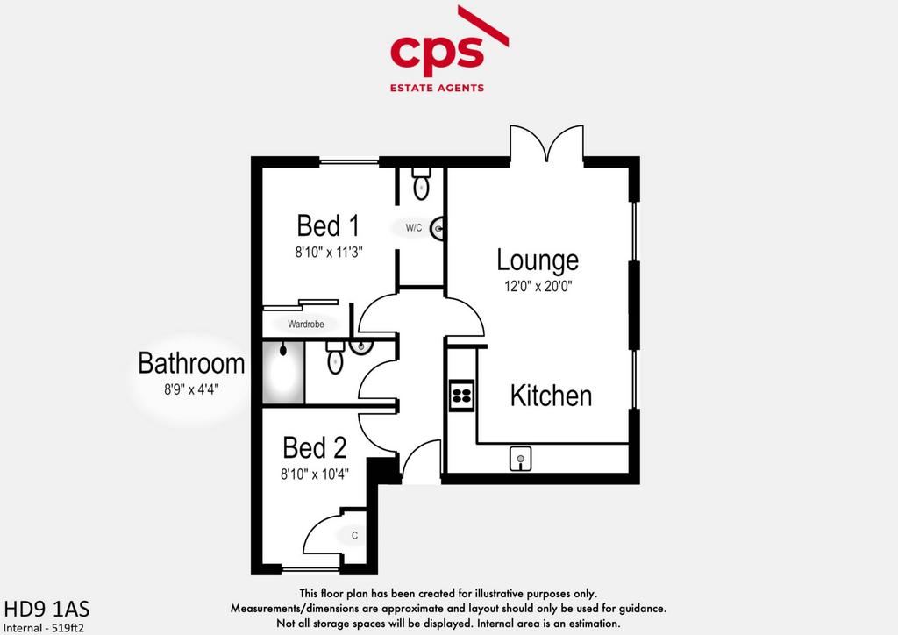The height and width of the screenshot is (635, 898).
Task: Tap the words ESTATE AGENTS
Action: [437, 89]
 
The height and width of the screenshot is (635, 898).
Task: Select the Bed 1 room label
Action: [328, 225]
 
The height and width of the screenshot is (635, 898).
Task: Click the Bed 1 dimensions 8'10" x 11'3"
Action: [329, 252]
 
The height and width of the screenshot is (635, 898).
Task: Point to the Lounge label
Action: [538, 260]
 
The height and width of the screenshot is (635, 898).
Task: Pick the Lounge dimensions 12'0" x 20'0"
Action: [538, 286]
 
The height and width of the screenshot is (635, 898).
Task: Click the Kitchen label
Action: [551, 396]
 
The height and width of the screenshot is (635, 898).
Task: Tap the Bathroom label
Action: [191, 363]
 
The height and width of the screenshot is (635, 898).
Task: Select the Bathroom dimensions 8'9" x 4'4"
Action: [191, 389]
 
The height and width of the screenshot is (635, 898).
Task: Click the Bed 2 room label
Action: [315, 448]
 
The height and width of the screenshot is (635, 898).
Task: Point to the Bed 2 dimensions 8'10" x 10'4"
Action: [315, 474]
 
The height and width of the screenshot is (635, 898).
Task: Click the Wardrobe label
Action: [306, 325]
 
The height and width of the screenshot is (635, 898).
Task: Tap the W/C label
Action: [414, 228]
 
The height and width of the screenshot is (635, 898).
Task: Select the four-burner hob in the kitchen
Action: [461, 396]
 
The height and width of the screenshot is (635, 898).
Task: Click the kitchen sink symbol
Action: [520, 460]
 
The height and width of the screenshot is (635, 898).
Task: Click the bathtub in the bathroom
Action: [283, 373]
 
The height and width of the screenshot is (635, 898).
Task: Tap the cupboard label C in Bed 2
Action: [354, 536]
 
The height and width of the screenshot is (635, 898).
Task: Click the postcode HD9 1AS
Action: [47, 609]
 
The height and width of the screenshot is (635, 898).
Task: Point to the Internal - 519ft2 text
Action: [44, 628]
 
